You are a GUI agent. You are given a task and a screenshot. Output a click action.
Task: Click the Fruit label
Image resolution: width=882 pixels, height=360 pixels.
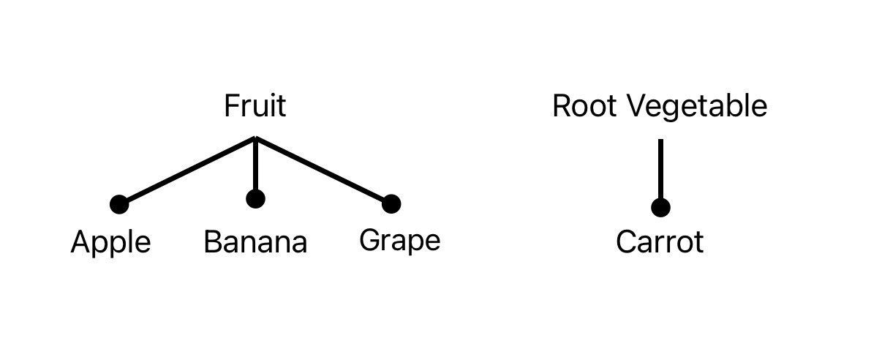tap(255, 106)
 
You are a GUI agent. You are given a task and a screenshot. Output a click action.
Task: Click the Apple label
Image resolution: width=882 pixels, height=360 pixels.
tap(110, 242)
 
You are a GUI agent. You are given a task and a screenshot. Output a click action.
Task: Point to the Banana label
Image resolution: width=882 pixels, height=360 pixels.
tap(255, 242)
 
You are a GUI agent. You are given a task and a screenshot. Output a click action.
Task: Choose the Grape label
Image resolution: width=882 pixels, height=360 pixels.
tap(400, 241)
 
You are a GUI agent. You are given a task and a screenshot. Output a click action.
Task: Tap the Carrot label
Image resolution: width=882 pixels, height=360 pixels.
tap(660, 242)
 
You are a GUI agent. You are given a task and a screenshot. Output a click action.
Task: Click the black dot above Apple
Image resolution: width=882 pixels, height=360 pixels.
tap(119, 204)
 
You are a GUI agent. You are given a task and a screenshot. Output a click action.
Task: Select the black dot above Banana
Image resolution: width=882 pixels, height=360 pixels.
tap(255, 198)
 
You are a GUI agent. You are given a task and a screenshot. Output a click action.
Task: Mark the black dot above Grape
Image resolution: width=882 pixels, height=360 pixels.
tap(391, 203)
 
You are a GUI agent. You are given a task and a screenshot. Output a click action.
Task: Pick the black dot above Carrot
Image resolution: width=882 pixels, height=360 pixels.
tap(660, 208)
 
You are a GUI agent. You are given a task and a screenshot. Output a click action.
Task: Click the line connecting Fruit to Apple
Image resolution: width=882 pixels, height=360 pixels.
tap(187, 170)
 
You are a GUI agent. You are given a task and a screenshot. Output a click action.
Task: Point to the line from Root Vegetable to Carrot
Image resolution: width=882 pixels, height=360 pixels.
tap(660, 168)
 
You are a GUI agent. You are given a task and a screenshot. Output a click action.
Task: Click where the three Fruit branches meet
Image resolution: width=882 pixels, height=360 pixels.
tap(255, 138)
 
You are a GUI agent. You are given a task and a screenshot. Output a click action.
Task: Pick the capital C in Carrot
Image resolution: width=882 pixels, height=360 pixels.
tap(626, 242)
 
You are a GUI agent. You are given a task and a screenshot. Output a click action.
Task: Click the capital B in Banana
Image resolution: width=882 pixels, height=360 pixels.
tap(212, 242)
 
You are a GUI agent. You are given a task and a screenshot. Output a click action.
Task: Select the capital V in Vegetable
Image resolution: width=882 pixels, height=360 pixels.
tap(638, 106)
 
